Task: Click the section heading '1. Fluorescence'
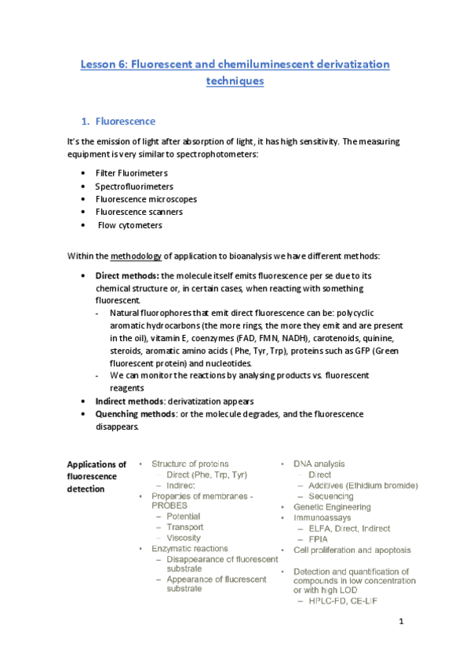125,122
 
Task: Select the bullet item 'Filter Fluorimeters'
131,173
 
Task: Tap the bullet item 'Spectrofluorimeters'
134,186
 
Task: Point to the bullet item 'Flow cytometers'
129,225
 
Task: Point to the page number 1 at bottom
400,623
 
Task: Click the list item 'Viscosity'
184,538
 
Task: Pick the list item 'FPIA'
319,540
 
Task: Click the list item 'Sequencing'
330,496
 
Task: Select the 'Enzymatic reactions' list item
190,549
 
